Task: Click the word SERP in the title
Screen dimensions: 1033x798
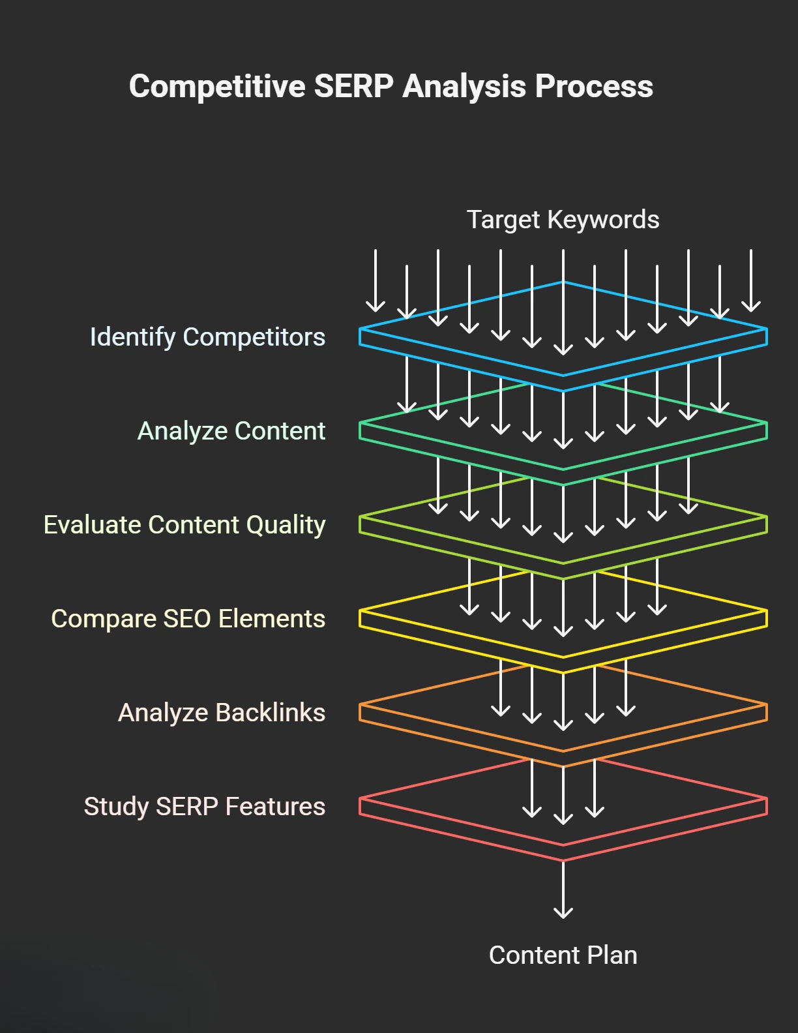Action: click(x=353, y=87)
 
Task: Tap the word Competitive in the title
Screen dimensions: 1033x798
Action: click(x=217, y=87)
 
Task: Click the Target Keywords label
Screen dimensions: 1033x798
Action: click(x=563, y=220)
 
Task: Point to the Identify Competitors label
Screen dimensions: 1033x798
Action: click(x=207, y=337)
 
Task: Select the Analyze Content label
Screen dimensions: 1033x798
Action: click(x=231, y=431)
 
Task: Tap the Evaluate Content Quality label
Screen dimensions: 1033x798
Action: click(x=185, y=525)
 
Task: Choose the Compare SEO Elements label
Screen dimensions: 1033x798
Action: click(x=188, y=619)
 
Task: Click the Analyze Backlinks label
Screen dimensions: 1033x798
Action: click(x=221, y=713)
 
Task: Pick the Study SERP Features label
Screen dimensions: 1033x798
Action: click(x=204, y=807)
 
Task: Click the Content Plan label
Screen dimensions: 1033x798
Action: click(x=563, y=955)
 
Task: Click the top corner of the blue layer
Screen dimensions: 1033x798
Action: click(x=563, y=282)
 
